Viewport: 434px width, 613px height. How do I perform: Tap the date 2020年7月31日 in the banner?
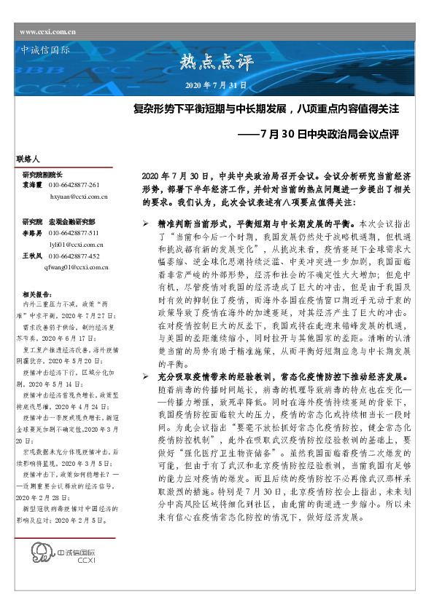[217, 86]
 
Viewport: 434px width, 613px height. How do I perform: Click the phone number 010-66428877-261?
[74, 186]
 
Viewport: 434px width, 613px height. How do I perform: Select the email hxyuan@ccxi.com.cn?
[78, 197]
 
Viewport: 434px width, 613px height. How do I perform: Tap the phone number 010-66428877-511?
[74, 233]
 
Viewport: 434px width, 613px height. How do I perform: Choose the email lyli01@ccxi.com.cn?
[76, 245]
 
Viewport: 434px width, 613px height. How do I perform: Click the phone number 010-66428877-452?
[74, 256]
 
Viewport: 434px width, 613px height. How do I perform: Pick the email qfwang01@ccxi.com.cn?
[77, 268]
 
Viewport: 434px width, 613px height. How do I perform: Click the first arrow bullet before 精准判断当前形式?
[145, 226]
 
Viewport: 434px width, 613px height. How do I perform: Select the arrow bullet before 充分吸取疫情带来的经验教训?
[145, 377]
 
